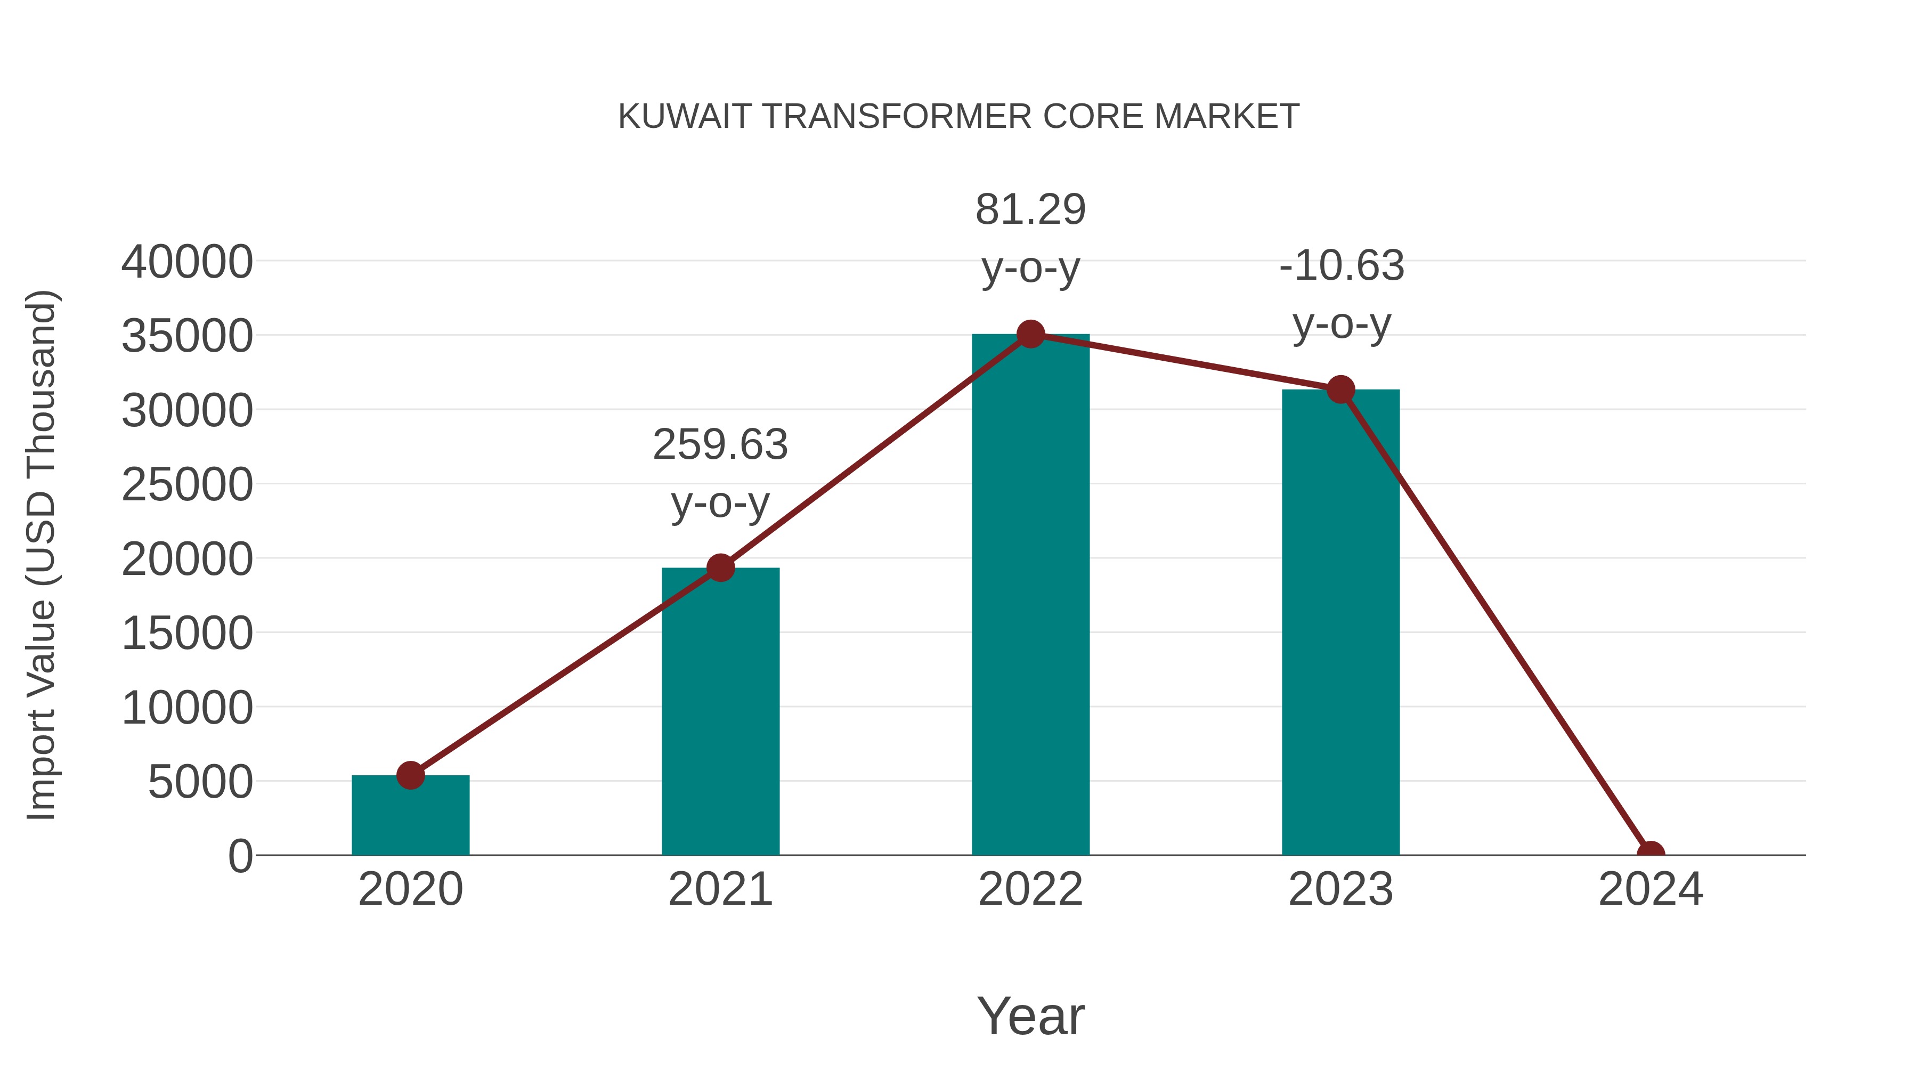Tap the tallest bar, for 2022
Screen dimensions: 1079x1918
(x=1030, y=596)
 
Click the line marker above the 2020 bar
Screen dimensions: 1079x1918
(x=410, y=775)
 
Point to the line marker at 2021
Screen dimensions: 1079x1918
(x=720, y=568)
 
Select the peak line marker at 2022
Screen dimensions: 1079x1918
(x=1030, y=334)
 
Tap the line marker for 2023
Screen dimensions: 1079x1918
(x=1340, y=390)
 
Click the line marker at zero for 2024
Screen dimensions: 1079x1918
(x=1650, y=854)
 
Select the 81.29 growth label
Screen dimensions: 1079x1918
(x=1030, y=210)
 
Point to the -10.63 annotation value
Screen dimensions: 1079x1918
(x=1341, y=266)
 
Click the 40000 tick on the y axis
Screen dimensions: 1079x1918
(x=187, y=262)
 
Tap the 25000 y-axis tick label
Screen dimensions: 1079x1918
(x=187, y=485)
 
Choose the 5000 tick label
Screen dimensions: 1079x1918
(x=200, y=782)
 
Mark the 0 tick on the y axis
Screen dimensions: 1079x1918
(x=240, y=856)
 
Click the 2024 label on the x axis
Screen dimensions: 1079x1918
(x=1650, y=889)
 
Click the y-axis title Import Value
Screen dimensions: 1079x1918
(x=42, y=555)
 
